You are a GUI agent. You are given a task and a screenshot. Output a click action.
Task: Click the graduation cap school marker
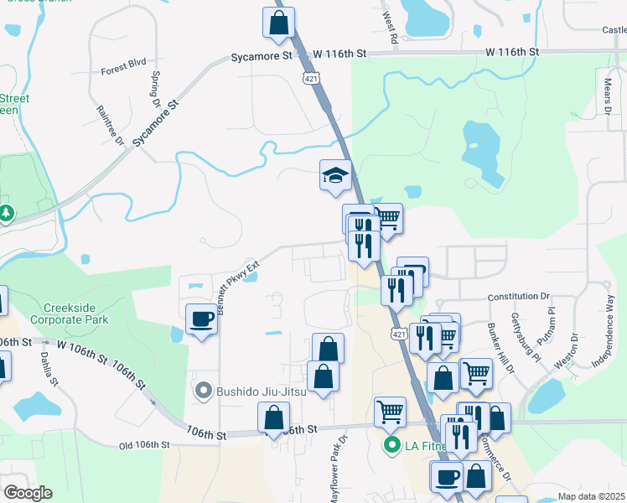tap(335, 176)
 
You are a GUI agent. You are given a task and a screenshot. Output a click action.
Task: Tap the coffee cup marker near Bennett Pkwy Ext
tap(201, 319)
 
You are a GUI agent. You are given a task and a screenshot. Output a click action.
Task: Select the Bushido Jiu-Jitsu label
tap(257, 391)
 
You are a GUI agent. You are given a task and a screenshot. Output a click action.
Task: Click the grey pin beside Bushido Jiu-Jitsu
tap(202, 391)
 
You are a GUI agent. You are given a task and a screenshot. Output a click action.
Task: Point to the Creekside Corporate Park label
tap(70, 314)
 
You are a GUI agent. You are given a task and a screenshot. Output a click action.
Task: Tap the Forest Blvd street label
tap(123, 72)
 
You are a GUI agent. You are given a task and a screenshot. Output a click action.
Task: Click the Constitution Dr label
tap(517, 297)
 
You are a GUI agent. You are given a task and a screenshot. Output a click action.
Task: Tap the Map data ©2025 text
tap(590, 496)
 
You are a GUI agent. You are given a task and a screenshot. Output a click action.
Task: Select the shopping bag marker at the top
tap(279, 23)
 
